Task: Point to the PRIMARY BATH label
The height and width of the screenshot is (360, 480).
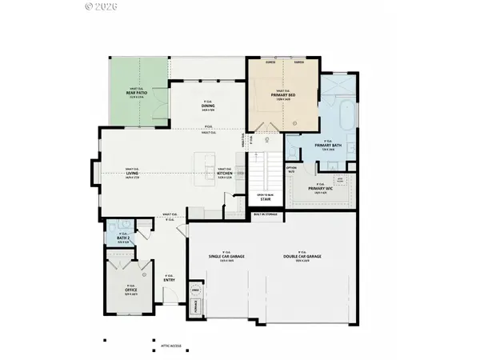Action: [x=326, y=146]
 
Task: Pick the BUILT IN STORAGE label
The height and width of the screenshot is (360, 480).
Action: [x=265, y=214]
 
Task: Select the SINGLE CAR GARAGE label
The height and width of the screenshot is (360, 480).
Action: [x=226, y=255]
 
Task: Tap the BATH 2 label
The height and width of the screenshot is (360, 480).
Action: [x=123, y=238]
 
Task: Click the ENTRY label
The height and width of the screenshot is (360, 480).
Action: [x=169, y=280]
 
